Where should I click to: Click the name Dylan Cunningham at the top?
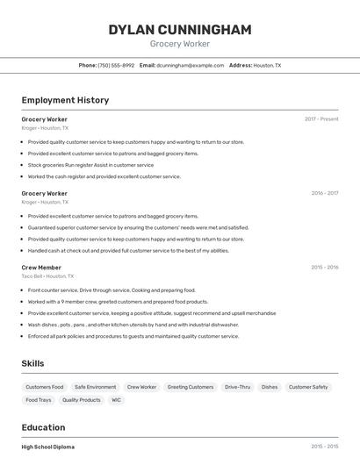point(179,30)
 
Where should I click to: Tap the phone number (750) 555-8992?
point(116,65)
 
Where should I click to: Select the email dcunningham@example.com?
point(191,65)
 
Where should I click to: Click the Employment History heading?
point(65,100)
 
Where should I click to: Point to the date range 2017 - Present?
point(321,119)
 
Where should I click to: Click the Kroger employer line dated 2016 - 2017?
point(45,202)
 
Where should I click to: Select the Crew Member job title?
point(41,268)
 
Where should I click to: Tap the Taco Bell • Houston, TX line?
point(47,276)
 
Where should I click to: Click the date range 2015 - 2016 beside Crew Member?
point(324,268)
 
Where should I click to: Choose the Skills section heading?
point(33,363)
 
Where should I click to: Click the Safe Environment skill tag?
point(95,387)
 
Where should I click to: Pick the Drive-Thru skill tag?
point(237,387)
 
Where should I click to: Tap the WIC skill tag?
point(116,400)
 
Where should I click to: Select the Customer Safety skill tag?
point(308,387)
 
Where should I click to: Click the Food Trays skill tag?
point(39,400)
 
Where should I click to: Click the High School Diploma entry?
point(48,447)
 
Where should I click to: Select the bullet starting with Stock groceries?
point(90,165)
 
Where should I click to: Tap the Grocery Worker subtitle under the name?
point(179,44)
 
